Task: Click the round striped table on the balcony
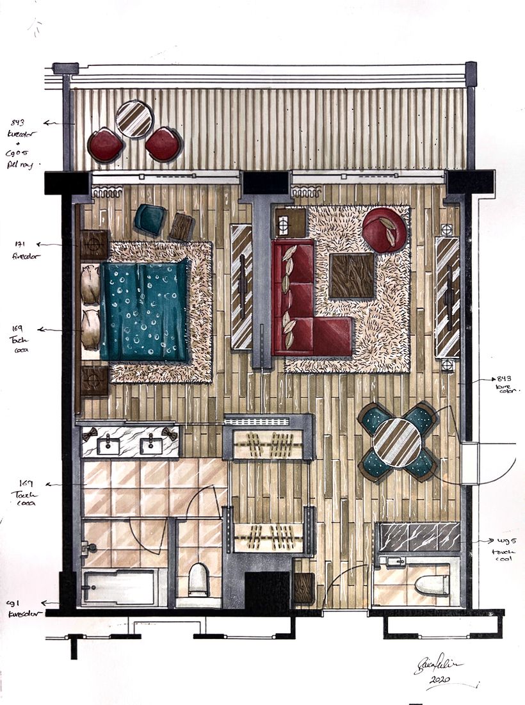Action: click(134, 118)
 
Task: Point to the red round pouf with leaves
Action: click(384, 229)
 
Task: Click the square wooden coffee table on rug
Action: click(351, 275)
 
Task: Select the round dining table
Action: click(397, 441)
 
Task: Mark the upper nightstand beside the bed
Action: click(94, 244)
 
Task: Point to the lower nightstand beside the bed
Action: click(94, 380)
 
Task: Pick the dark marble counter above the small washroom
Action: click(419, 537)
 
